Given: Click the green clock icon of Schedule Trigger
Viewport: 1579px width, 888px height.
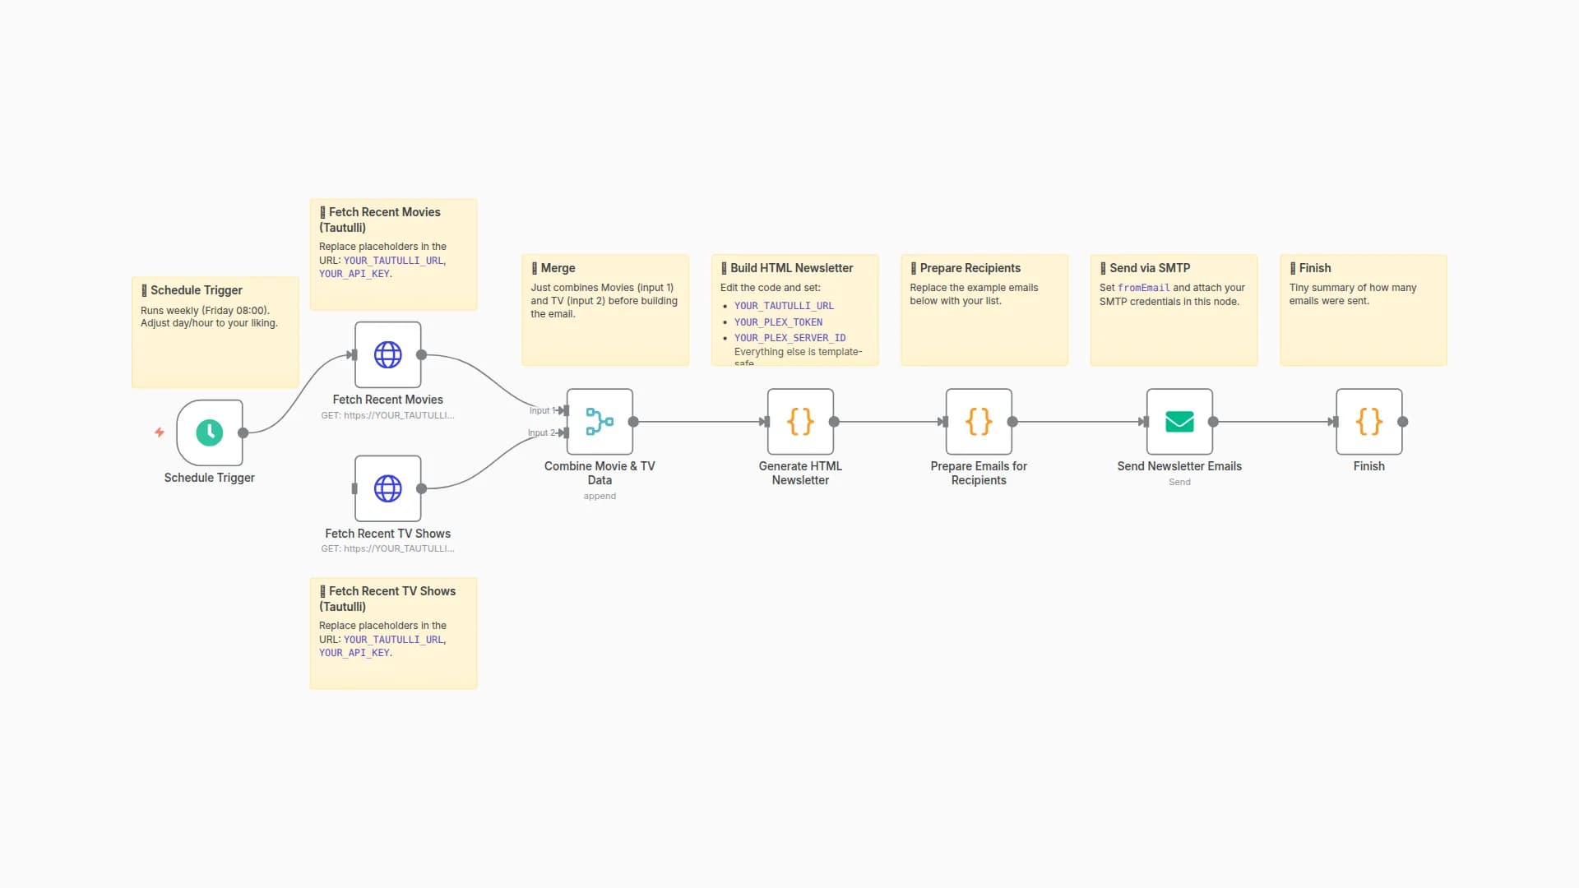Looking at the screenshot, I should pos(209,432).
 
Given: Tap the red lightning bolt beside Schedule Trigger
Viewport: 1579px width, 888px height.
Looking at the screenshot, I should pos(160,432).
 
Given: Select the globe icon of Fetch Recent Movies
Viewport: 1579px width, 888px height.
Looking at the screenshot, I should pos(387,354).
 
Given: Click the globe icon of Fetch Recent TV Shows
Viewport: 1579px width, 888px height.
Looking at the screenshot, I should pos(387,488).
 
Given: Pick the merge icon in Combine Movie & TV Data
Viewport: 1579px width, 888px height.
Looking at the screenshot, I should pos(600,422).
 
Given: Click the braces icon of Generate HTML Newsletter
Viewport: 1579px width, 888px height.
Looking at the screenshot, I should pos(800,422).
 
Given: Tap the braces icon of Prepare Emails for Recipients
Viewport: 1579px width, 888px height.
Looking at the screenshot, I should pos(979,422).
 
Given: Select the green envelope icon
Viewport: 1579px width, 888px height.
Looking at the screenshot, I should pos(1179,422).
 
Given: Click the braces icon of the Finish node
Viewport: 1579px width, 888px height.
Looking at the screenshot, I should pos(1368,422).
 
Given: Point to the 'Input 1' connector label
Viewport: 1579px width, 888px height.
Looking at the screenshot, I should pos(539,410).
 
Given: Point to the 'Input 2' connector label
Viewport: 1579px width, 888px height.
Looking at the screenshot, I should pos(539,432).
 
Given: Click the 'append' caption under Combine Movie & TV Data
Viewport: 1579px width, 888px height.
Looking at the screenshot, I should pos(600,496).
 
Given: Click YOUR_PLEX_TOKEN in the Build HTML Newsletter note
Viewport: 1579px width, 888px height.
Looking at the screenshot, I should pos(778,322).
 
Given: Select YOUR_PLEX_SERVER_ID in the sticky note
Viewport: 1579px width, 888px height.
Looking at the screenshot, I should pos(789,338).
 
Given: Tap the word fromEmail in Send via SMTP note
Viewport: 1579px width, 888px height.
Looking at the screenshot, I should pos(1143,288).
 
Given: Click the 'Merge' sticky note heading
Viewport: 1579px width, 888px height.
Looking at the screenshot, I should pos(558,268).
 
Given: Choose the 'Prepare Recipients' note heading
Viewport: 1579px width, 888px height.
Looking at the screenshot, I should pos(970,268).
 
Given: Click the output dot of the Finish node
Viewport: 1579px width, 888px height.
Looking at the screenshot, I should pos(1403,422).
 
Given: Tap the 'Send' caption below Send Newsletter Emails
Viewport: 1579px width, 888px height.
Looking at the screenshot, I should pos(1179,482).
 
